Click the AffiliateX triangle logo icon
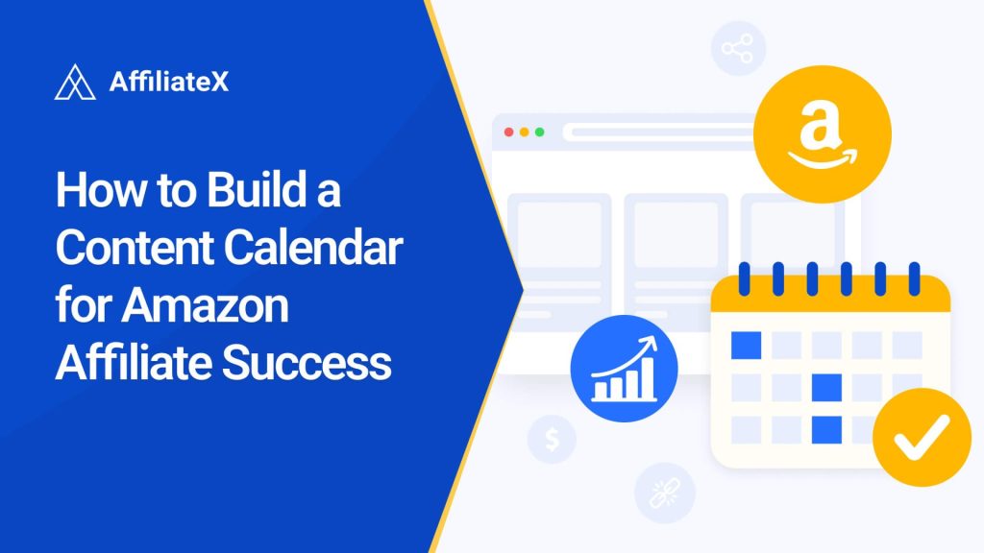(75, 83)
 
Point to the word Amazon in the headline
(208, 307)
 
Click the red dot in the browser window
(508, 132)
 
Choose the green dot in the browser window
(539, 132)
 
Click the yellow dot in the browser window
(524, 132)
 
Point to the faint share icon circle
(738, 48)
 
